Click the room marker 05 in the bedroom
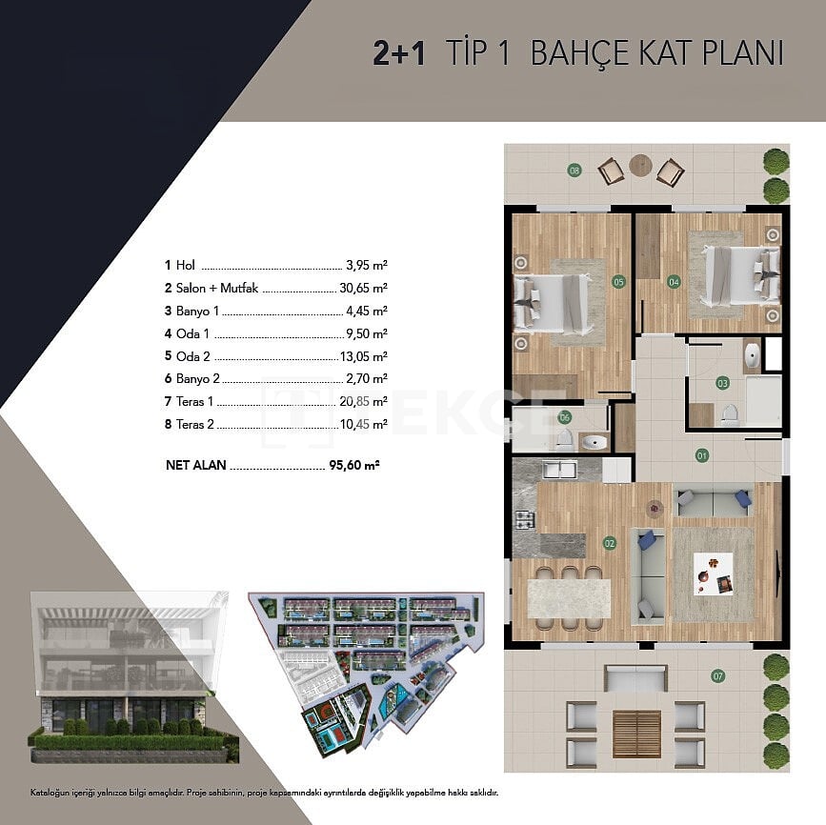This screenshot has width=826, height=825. [618, 282]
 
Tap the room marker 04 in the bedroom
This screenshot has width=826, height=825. [674, 282]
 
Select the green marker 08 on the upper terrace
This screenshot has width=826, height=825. [574, 171]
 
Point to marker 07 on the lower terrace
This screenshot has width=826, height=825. [717, 676]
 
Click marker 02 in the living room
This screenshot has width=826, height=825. [610, 543]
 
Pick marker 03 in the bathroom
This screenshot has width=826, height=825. [722, 383]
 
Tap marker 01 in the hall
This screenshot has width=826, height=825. [702, 455]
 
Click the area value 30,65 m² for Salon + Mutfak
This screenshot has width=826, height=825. [364, 288]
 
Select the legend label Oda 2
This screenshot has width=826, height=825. [192, 356]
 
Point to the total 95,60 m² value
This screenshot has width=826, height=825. [354, 465]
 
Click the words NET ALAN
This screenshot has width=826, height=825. [196, 465]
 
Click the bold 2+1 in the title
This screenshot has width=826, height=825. [399, 53]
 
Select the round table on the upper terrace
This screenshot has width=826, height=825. [640, 166]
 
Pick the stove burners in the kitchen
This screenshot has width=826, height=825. [525, 519]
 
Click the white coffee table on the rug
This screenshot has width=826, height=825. [714, 573]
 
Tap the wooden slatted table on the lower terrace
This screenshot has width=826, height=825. [636, 734]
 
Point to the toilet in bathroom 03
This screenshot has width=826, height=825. [730, 414]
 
